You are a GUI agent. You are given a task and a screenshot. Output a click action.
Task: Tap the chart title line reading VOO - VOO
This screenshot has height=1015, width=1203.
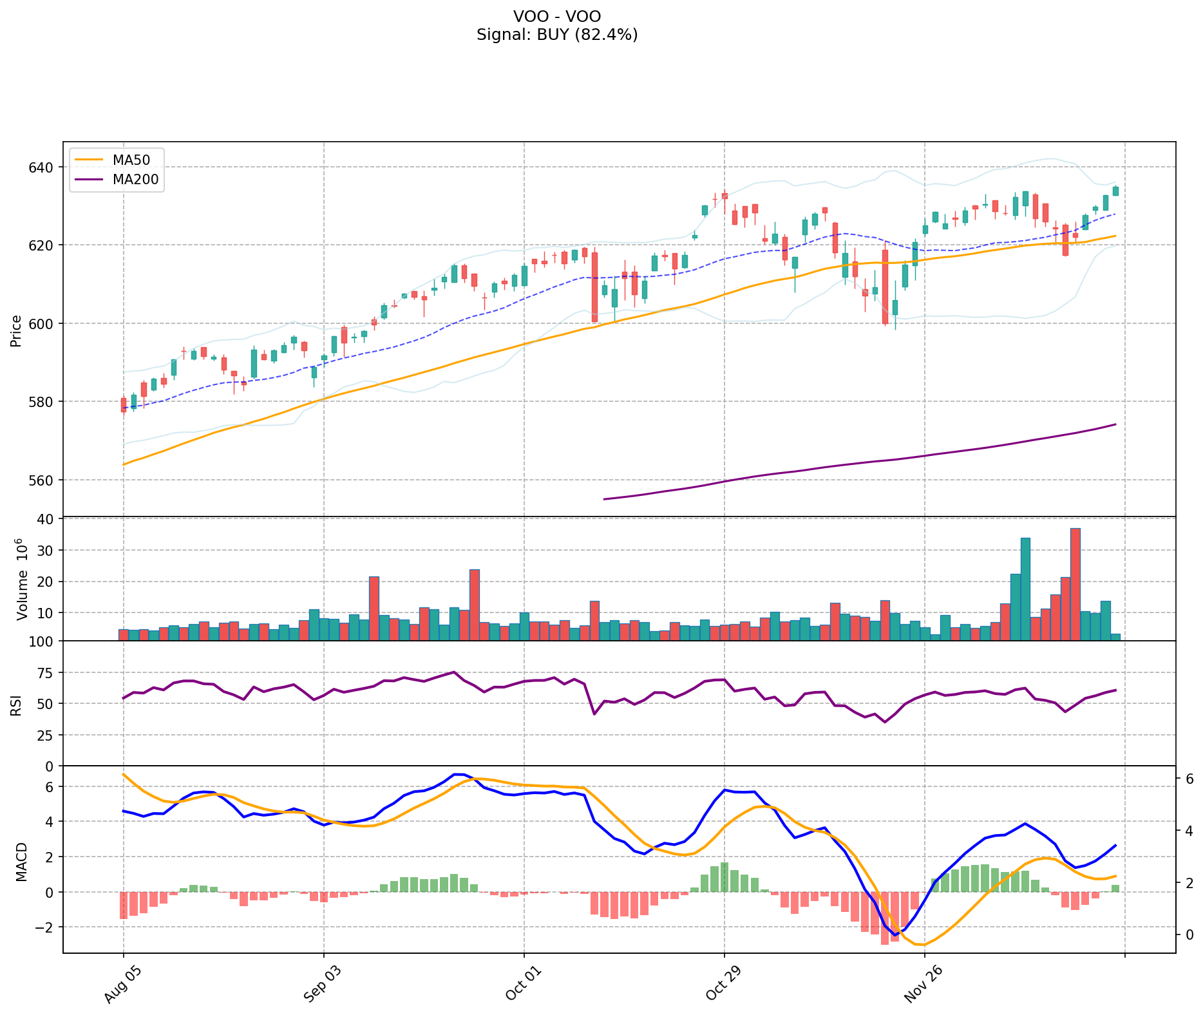coord(557,16)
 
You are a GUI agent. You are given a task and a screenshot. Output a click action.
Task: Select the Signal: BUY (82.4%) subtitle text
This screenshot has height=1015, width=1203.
coord(557,35)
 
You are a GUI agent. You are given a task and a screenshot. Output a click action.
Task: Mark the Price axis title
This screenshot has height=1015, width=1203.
coord(16,330)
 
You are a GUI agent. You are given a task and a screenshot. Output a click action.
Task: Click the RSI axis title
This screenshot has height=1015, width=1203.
coord(16,705)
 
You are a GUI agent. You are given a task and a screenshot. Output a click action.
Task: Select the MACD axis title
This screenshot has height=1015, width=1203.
coord(21,862)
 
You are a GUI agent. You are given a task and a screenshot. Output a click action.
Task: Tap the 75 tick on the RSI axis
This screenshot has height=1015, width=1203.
coord(45,673)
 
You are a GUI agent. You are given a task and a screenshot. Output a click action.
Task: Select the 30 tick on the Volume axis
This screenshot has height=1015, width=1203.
coord(48,551)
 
